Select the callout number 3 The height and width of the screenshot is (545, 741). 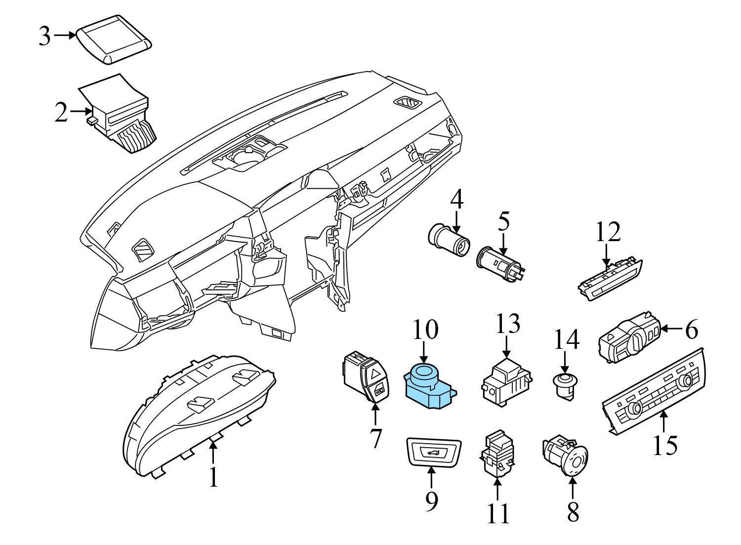click(45, 36)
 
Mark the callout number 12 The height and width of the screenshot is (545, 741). click(607, 232)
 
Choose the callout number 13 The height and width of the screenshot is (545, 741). click(507, 325)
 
